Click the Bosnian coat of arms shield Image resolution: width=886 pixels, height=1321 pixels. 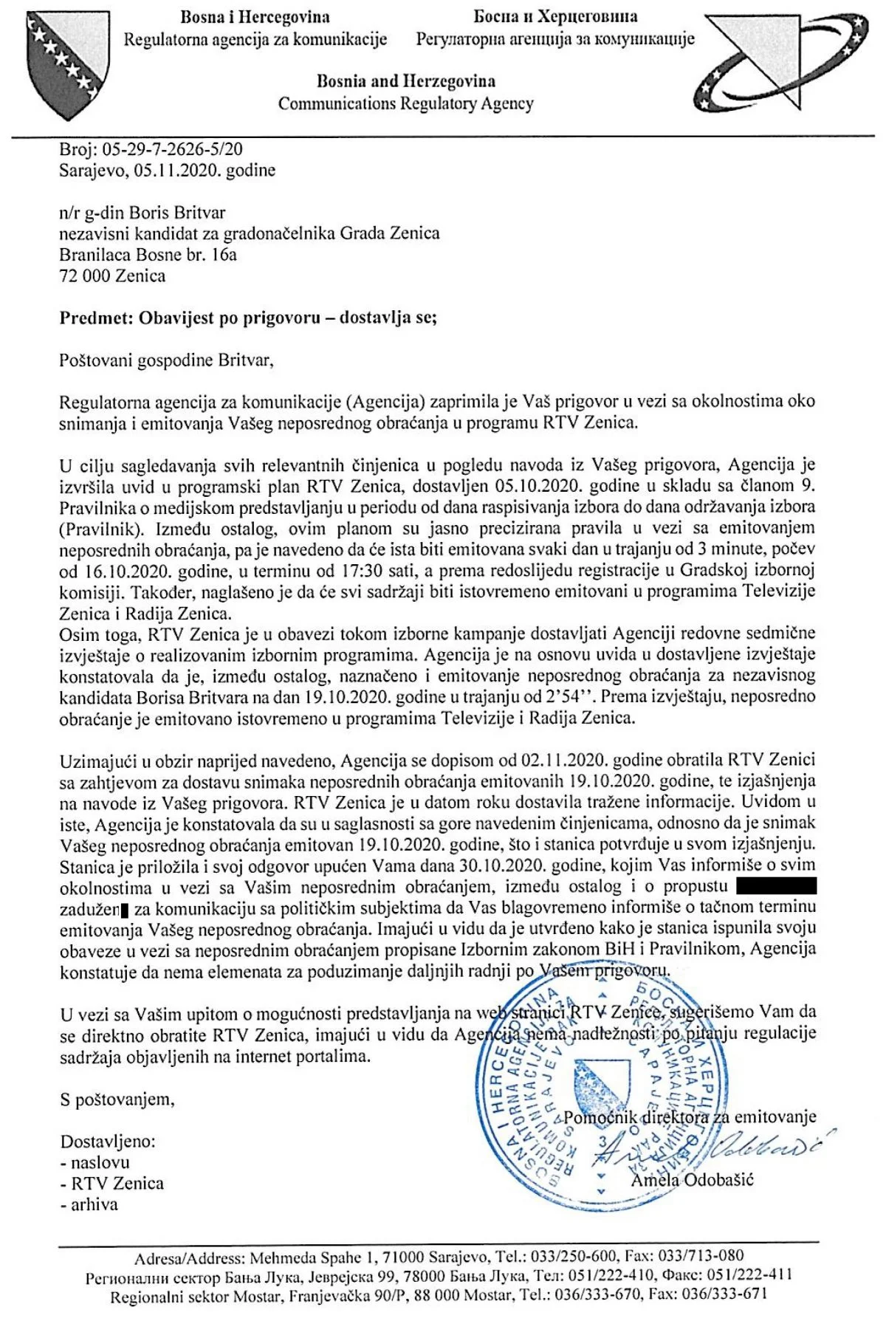pos(63,63)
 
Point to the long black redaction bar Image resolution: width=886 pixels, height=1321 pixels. pos(776,885)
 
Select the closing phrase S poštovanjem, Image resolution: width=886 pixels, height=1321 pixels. pos(117,1099)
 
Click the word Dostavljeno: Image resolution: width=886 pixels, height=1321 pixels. pos(108,1142)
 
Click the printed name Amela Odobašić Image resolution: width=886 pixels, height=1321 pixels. pos(692,1179)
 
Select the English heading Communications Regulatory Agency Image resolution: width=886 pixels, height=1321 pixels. pos(405,103)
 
